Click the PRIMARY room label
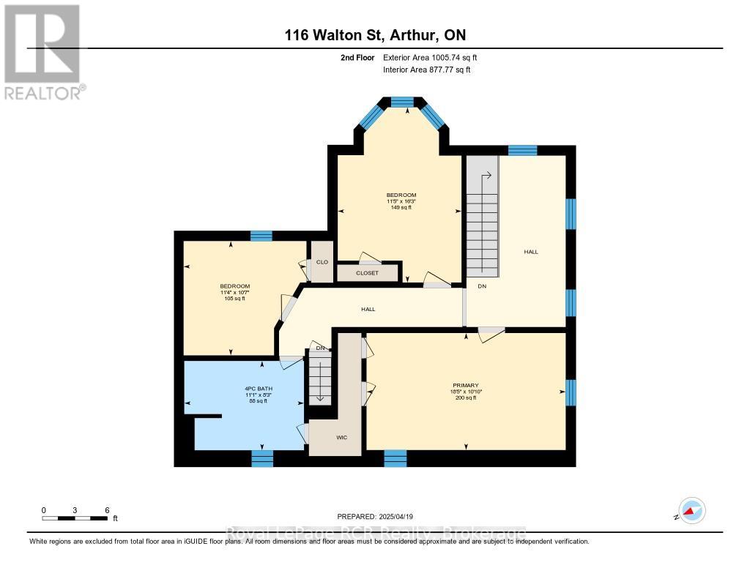pos(465,384)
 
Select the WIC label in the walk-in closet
pos(341,437)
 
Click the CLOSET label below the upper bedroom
pos(367,273)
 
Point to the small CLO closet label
pos(322,262)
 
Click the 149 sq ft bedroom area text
pos(401,207)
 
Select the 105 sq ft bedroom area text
pos(234,299)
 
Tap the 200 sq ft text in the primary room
pos(465,397)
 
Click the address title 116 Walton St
pos(374,34)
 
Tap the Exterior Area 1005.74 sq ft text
pos(430,57)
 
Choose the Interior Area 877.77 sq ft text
pos(426,70)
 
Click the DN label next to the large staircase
pos(481,286)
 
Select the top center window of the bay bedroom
pos(401,102)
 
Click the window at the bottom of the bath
pos(262,458)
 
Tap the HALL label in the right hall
pos(531,252)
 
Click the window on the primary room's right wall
pos(571,392)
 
